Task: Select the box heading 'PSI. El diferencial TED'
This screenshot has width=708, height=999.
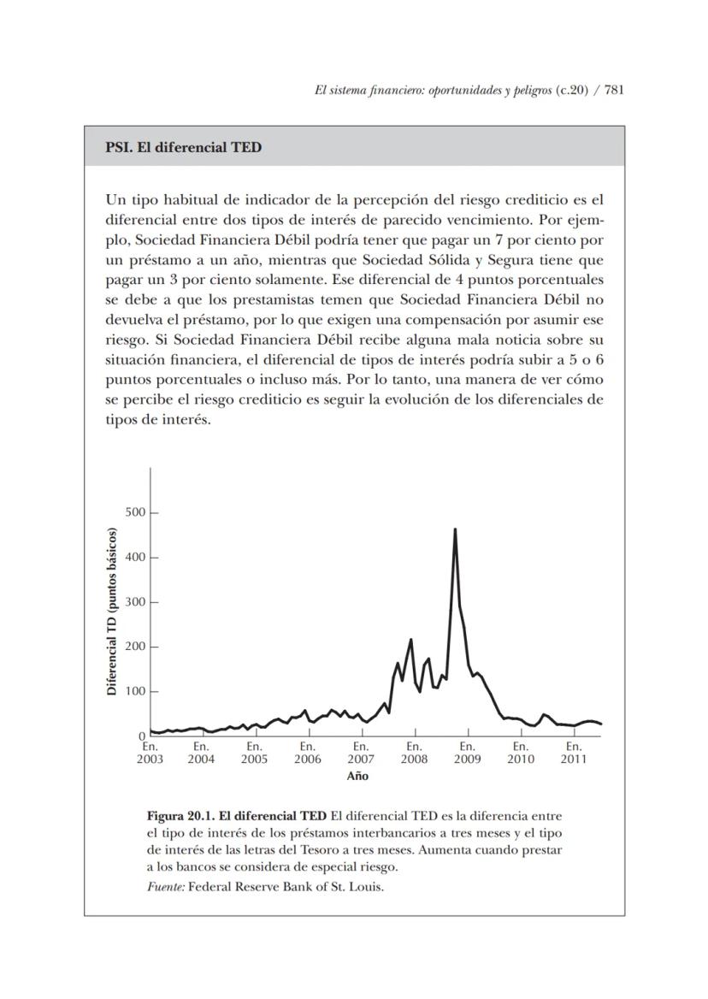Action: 183,147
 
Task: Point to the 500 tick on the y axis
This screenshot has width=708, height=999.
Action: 136,513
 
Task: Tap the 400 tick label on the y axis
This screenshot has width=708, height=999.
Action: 136,558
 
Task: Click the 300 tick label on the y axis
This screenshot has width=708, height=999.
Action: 136,602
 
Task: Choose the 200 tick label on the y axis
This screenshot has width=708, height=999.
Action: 136,647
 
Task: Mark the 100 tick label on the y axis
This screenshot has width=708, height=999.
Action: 136,691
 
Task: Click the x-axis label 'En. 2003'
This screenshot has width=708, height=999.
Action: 150,753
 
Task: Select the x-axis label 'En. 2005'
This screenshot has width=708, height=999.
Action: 254,753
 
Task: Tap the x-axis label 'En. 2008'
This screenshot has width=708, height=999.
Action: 415,753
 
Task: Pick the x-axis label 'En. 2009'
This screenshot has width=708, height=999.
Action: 468,753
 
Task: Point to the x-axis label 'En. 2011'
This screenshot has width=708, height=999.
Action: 574,753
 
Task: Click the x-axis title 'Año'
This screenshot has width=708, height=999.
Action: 357,777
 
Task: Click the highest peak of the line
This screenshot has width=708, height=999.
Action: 455,529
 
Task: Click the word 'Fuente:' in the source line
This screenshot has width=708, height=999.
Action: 166,886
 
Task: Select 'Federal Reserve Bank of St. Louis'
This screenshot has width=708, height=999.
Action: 286,886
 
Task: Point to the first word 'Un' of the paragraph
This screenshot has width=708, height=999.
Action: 115,200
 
